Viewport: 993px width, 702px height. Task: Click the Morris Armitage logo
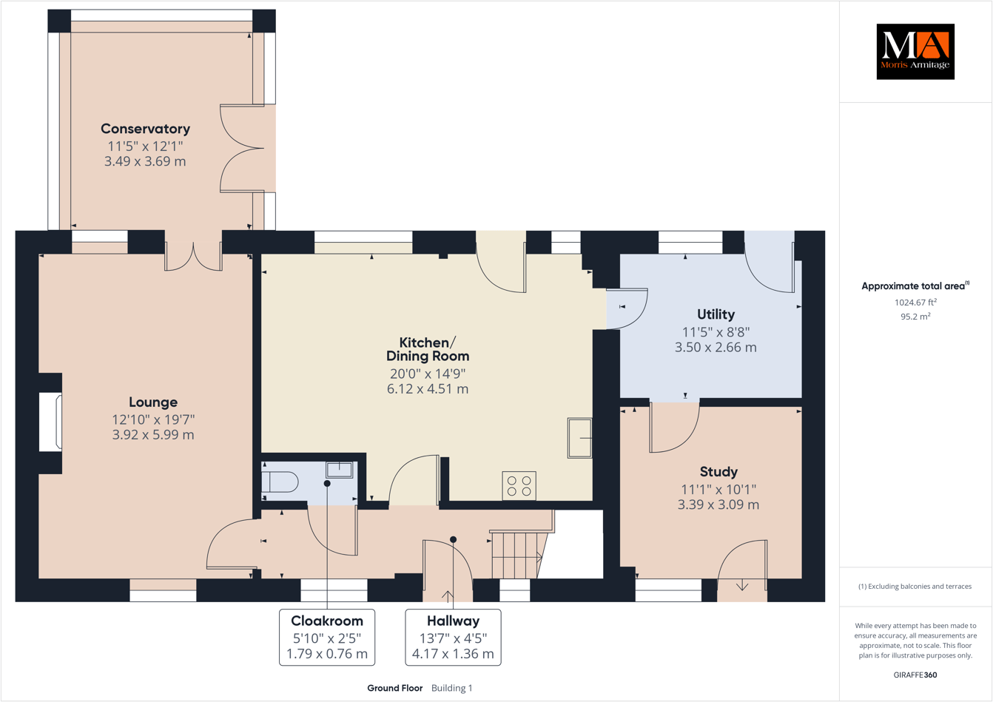pos(915,52)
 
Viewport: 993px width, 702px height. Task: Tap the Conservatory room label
pos(145,129)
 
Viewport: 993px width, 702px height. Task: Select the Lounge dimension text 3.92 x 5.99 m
pos(153,435)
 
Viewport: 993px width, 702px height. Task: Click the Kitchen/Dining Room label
pos(428,349)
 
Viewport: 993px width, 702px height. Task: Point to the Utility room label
pos(716,314)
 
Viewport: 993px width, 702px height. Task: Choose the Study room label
pos(718,472)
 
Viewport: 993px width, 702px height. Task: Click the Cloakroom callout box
pos(327,637)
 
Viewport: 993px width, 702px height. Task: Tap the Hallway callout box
pos(453,637)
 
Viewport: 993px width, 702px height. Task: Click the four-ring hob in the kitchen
pos(519,486)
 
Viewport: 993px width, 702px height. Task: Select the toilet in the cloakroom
pos(279,482)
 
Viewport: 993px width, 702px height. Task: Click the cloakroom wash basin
pos(340,469)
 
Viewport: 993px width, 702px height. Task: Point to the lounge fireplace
pos(51,422)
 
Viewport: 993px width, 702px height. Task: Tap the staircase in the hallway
pos(517,555)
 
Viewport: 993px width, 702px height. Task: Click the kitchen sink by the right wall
pos(579,438)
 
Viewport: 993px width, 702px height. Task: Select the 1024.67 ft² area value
pos(915,302)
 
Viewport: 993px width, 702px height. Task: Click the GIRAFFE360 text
pos(915,675)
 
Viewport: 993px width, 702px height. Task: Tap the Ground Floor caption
pos(394,688)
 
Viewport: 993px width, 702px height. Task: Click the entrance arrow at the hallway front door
pos(448,595)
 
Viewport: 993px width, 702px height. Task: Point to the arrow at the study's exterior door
pos(742,586)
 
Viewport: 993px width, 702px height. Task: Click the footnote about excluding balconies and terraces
pos(915,587)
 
